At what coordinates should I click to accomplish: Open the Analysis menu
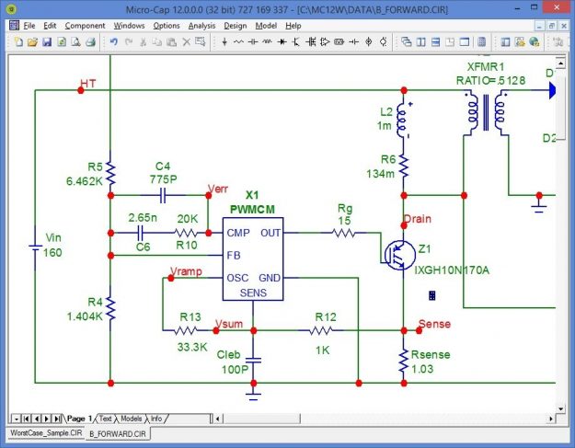[x=201, y=26]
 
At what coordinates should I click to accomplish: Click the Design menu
[x=235, y=26]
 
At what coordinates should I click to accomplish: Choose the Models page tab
[x=132, y=419]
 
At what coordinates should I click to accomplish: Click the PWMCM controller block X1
[x=252, y=258]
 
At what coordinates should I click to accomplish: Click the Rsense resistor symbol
[x=403, y=362]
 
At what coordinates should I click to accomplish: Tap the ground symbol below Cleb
[x=253, y=390]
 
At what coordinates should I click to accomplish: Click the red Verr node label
[x=219, y=189]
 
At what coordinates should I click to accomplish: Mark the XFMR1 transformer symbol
[x=484, y=112]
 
